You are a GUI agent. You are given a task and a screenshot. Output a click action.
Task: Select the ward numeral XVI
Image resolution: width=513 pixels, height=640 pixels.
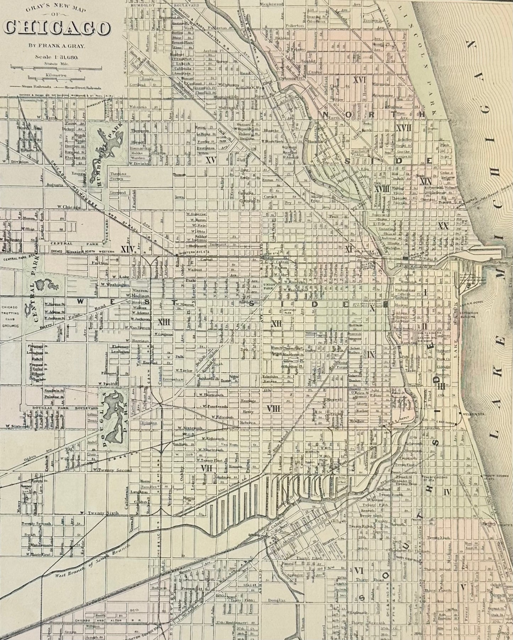point(360,80)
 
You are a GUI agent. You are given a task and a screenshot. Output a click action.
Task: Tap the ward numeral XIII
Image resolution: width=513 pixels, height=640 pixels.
point(164,322)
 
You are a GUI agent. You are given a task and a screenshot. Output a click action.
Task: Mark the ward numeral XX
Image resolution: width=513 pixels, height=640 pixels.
point(443,226)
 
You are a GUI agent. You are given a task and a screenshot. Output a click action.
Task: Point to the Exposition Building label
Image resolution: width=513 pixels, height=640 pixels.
point(475,315)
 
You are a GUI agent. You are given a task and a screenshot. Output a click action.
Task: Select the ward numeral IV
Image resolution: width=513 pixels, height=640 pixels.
point(447,492)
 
